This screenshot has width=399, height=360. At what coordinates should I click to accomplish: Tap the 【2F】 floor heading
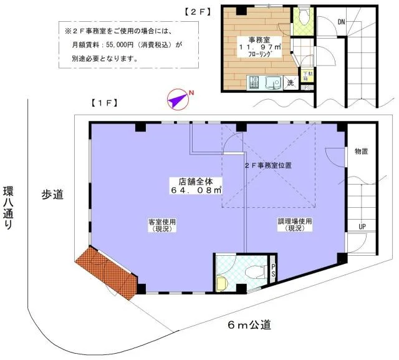198,12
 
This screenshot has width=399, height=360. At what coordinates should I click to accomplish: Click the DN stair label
341,22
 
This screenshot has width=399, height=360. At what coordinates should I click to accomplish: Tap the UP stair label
362,226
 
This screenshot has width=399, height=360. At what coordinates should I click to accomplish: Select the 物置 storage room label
362,151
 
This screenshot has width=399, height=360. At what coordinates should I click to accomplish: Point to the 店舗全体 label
187,181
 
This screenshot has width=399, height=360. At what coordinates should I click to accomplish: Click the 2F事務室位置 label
267,166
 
